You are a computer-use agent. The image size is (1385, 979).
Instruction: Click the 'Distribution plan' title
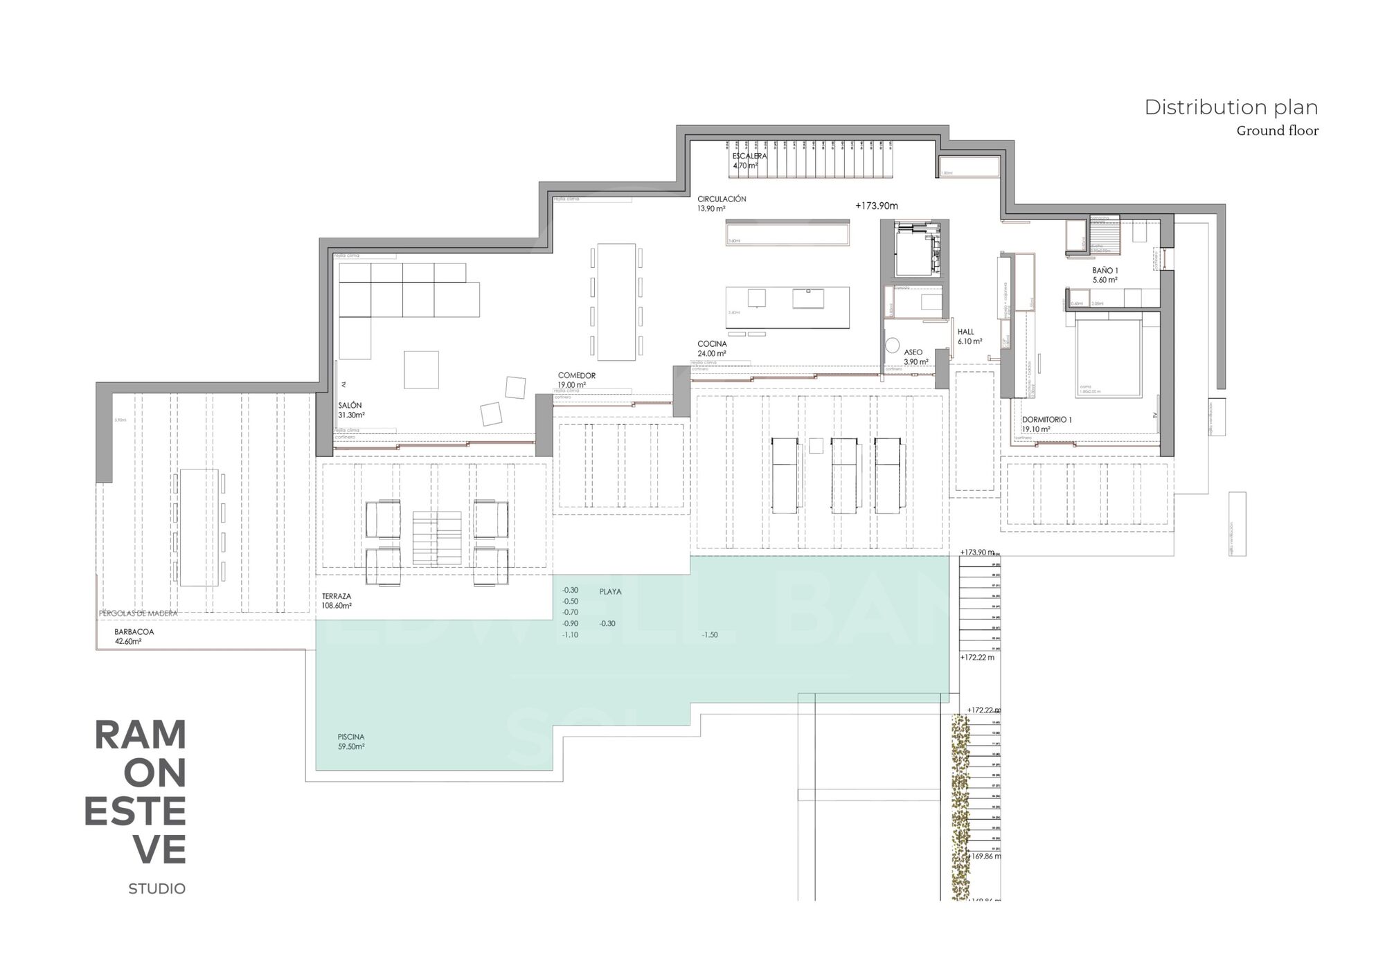tap(1231, 107)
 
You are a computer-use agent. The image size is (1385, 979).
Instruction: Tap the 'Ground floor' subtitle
tap(1277, 131)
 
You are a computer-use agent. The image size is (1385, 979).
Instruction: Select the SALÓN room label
tap(350, 406)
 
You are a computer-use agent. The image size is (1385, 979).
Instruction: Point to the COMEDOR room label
tap(576, 376)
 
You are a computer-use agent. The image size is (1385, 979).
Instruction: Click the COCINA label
tap(712, 344)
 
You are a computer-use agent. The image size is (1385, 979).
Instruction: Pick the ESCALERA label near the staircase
tap(749, 156)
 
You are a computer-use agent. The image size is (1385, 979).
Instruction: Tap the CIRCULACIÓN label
tap(722, 199)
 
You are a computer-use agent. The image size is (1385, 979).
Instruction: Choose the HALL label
tap(965, 332)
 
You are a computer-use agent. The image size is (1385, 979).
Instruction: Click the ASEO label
tap(913, 352)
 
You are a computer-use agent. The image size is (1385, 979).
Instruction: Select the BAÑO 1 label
tap(1105, 271)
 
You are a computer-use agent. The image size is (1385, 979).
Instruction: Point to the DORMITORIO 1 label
tap(1046, 420)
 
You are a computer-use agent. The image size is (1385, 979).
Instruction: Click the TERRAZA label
tap(337, 596)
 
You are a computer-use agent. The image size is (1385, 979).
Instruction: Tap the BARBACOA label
tap(134, 632)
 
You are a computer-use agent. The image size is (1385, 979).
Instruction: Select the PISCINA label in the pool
tap(351, 737)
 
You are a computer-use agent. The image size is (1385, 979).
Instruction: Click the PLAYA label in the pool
tap(610, 592)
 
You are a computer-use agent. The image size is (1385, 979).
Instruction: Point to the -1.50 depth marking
tap(709, 635)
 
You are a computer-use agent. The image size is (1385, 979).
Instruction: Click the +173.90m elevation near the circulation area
tap(876, 206)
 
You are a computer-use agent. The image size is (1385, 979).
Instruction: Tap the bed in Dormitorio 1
tap(1108, 358)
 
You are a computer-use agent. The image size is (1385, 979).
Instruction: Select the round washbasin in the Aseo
tap(892, 344)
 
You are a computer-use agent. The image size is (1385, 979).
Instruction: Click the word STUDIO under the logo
tap(157, 889)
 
